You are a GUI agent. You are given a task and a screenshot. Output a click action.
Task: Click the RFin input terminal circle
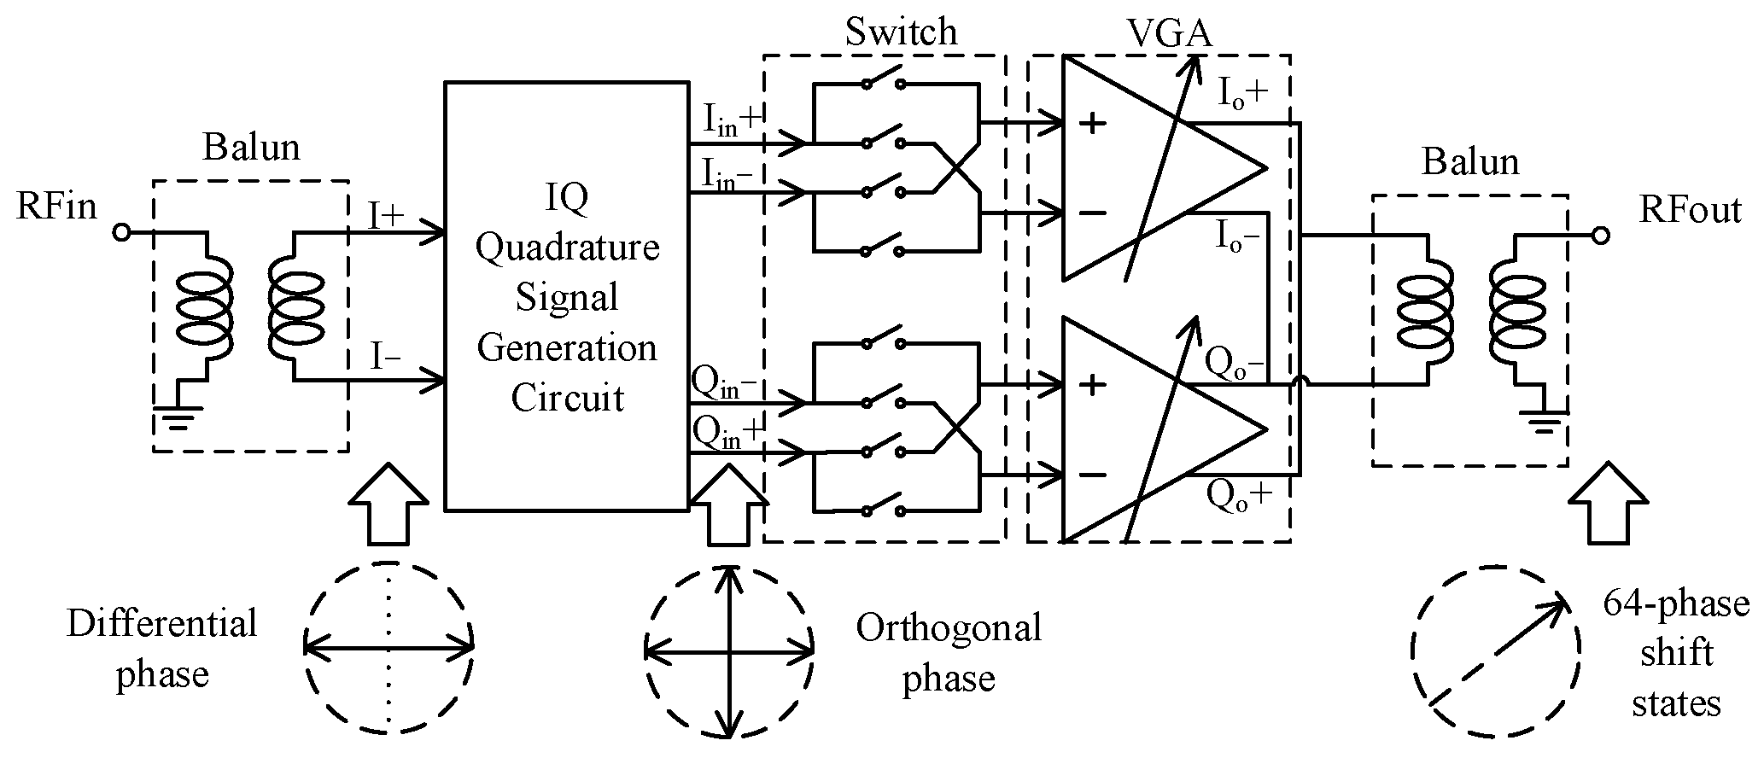[122, 232]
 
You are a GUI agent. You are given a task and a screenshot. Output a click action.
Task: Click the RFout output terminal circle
[1601, 236]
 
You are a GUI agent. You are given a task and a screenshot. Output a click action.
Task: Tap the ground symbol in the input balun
[177, 416]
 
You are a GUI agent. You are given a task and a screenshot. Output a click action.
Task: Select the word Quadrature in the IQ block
[567, 248]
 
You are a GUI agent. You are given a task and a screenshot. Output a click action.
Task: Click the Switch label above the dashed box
[901, 32]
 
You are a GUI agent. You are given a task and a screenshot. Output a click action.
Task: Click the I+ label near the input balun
[386, 215]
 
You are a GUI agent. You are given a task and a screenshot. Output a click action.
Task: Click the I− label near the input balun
[385, 354]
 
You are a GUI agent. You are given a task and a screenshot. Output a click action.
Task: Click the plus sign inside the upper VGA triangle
[1093, 124]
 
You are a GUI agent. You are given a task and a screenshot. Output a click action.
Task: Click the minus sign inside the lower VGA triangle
[1093, 475]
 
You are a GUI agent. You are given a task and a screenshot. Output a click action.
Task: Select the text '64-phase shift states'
[1675, 654]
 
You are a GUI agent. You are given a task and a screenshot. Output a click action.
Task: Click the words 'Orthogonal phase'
[949, 653]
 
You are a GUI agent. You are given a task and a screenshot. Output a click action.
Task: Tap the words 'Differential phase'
[162, 649]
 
